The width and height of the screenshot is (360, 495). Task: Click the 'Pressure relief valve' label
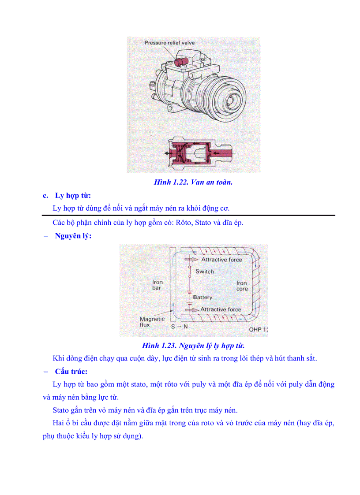tap(169, 43)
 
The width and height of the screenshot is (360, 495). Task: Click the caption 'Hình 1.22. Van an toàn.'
tap(193, 182)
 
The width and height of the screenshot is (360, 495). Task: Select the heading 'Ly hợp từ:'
tap(73, 195)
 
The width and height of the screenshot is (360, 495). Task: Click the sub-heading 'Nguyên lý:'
tap(73, 236)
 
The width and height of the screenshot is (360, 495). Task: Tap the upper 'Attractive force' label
tap(221, 260)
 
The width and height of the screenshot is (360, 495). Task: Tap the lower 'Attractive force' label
tap(221, 309)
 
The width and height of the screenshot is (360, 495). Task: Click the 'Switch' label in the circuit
tap(205, 272)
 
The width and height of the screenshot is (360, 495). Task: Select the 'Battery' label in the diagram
tap(202, 298)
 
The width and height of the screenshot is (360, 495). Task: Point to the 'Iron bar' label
tap(157, 285)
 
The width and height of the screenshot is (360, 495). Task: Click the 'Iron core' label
tap(242, 286)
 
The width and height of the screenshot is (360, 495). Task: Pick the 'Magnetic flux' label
tap(152, 322)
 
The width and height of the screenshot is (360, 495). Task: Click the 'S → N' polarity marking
tap(180, 327)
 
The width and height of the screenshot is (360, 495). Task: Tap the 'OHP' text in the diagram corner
tap(255, 329)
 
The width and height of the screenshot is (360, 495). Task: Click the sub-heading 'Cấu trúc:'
tap(71, 371)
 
